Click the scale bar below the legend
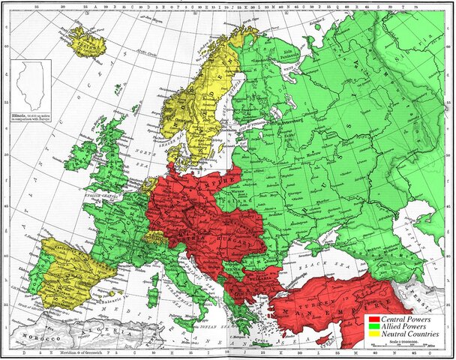[409, 345]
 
